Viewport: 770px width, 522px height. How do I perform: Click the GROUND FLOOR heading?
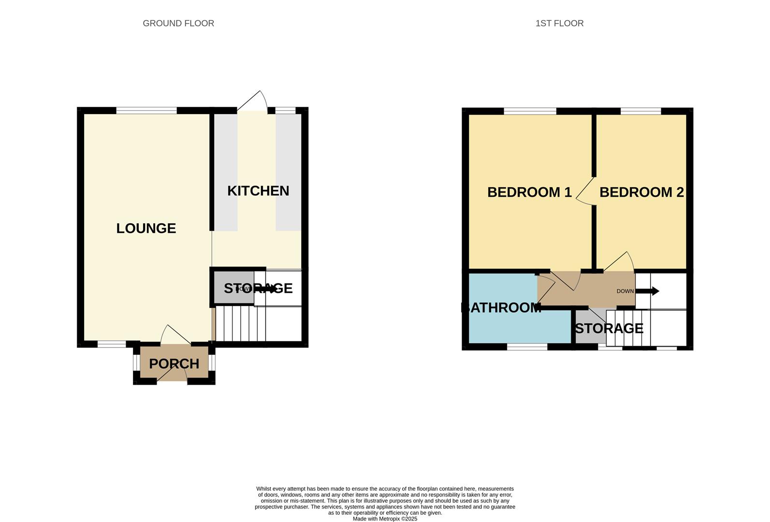coord(178,23)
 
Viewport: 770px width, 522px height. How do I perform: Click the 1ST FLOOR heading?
coord(559,23)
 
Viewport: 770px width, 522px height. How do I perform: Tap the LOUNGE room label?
coord(146,228)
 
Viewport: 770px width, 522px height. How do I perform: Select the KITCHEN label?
coord(258,191)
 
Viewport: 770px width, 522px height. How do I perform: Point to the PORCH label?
coord(174,364)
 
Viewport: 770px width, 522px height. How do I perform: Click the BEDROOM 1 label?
coord(529,192)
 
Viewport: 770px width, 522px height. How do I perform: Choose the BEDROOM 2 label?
coord(641,192)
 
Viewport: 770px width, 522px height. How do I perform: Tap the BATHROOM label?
coord(501,308)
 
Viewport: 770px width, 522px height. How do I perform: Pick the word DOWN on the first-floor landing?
coord(625,291)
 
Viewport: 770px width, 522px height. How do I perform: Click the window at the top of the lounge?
coord(146,111)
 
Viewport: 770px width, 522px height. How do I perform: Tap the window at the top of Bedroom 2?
coord(640,111)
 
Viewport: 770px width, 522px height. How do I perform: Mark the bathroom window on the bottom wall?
coord(527,347)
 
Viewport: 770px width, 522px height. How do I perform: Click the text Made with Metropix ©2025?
coord(385,519)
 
